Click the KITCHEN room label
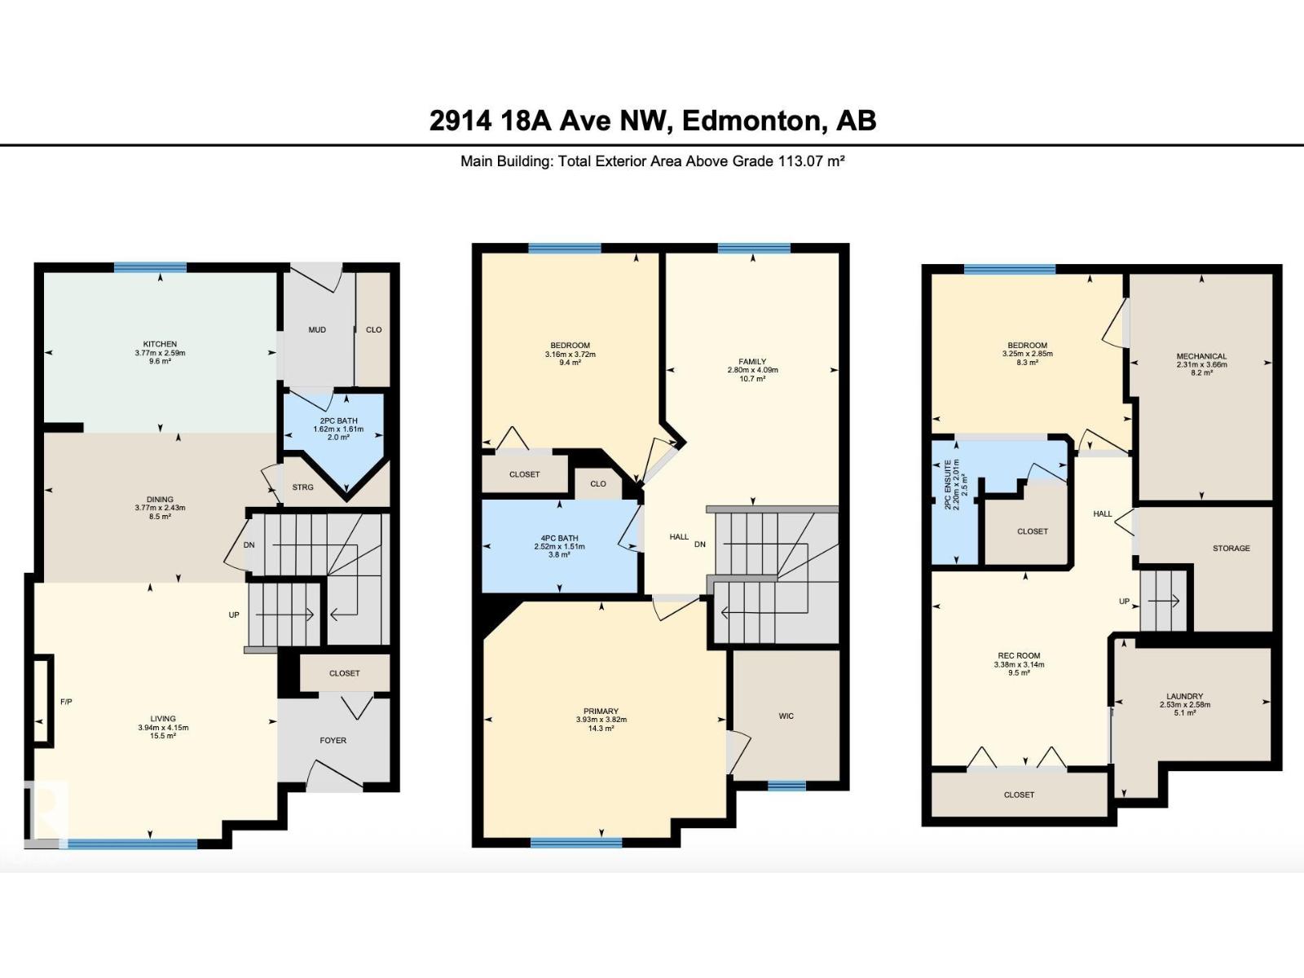pyautogui.click(x=160, y=344)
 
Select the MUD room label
pyautogui.click(x=317, y=329)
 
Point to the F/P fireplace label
pyautogui.click(x=67, y=702)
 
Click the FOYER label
pyautogui.click(x=333, y=741)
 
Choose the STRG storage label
pyautogui.click(x=302, y=487)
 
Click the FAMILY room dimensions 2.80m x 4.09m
pyautogui.click(x=753, y=370)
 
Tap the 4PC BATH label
pyautogui.click(x=560, y=539)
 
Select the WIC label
pyautogui.click(x=786, y=716)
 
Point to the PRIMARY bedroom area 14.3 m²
pyautogui.click(x=601, y=728)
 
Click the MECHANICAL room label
pyautogui.click(x=1201, y=356)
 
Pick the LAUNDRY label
pyautogui.click(x=1184, y=696)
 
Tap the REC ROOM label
pyautogui.click(x=1019, y=655)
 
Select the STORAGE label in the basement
pyautogui.click(x=1231, y=548)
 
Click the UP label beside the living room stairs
pyautogui.click(x=234, y=615)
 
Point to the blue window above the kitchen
pyautogui.click(x=150, y=268)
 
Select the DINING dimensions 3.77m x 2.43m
pyautogui.click(x=160, y=508)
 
